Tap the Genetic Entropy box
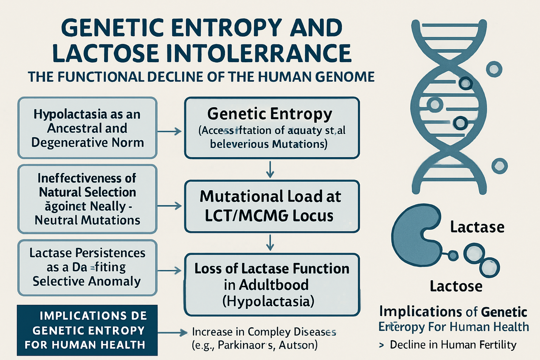tap(272, 128)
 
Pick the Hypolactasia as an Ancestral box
tap(87, 128)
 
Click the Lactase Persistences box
tap(87, 267)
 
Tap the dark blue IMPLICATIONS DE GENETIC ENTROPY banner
tap(87, 330)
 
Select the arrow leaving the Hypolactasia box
tap(169, 131)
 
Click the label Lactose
tap(456, 287)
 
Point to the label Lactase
tap(477, 228)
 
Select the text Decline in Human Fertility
tap(453, 345)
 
